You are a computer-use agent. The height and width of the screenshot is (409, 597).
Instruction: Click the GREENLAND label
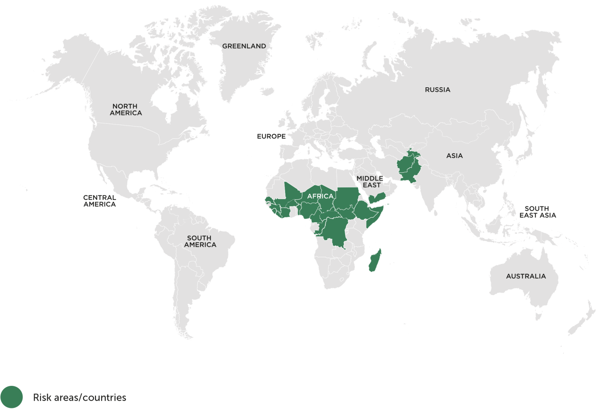[x=244, y=46]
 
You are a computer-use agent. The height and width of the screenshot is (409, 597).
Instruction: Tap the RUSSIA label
[x=437, y=90]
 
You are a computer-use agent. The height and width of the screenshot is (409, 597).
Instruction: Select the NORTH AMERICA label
[x=125, y=110]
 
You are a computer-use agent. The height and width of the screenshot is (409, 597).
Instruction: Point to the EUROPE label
[x=271, y=136]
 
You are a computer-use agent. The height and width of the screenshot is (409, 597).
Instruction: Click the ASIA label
[x=454, y=156]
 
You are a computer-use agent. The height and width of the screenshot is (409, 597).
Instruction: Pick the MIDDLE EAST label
[x=370, y=182]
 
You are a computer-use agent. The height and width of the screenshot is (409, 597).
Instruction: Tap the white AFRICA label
[x=320, y=196]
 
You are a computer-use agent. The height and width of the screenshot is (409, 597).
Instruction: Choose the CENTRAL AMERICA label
[x=100, y=201]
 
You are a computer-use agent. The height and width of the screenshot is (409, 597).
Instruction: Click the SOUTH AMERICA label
[x=200, y=241]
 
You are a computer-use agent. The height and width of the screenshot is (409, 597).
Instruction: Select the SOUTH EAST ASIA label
[x=537, y=212]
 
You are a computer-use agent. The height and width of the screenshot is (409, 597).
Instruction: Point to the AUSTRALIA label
[x=526, y=276]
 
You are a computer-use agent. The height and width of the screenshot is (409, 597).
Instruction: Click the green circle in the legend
[x=12, y=397]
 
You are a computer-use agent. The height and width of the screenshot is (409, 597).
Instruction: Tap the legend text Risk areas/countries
[x=79, y=397]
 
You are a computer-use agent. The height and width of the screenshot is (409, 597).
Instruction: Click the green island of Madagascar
[x=375, y=261]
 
